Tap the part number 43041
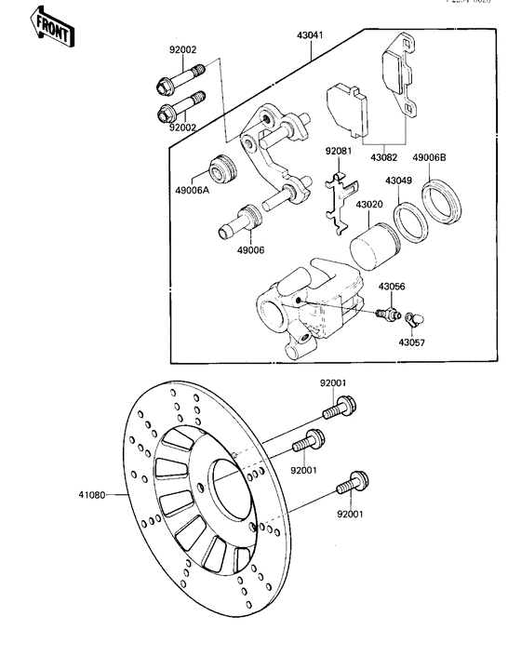312,36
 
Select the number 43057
411,342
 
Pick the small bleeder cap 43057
415,320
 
